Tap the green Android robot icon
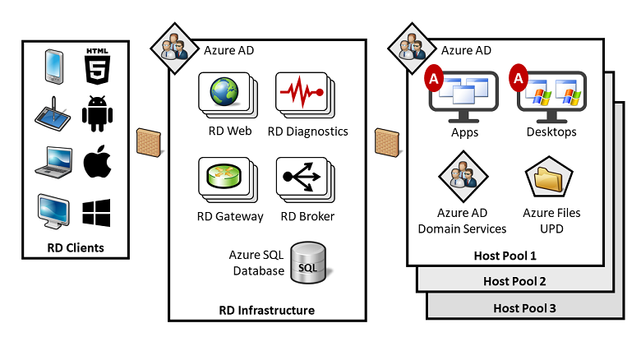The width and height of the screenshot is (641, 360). coord(97,113)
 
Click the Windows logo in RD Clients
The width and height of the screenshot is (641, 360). coord(96,211)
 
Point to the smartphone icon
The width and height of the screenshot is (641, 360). coord(53,67)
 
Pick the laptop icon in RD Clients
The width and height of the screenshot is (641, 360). coord(53,161)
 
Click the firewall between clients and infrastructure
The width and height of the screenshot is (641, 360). coord(148,142)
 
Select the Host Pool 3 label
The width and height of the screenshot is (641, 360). coord(524,308)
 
